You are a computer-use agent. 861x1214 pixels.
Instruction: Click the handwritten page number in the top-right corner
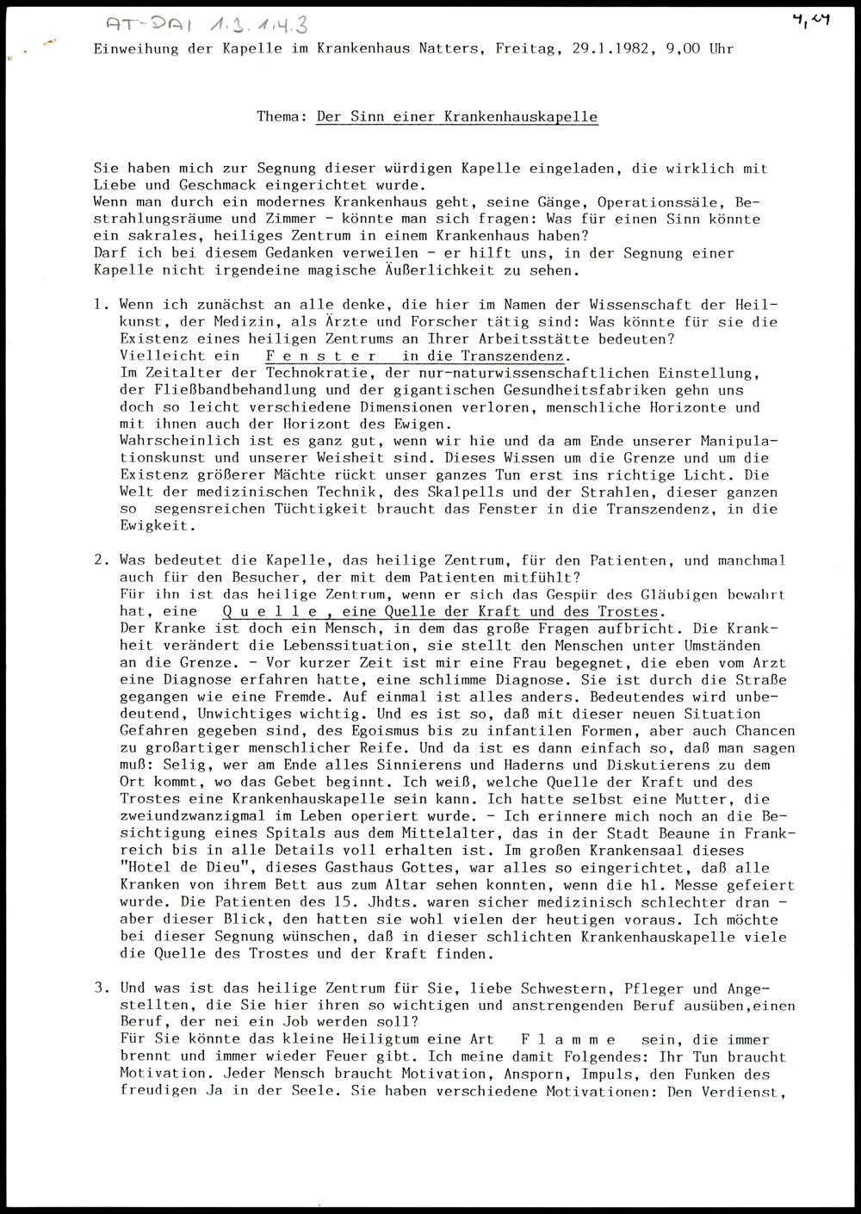click(812, 20)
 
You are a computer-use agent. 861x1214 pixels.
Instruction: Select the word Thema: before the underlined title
click(282, 116)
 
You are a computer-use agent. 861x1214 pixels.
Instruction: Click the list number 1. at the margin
click(102, 305)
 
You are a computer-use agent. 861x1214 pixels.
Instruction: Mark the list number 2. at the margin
click(102, 561)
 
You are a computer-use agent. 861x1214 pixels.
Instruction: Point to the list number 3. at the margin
click(102, 988)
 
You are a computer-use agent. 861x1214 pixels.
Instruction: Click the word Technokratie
click(316, 373)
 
